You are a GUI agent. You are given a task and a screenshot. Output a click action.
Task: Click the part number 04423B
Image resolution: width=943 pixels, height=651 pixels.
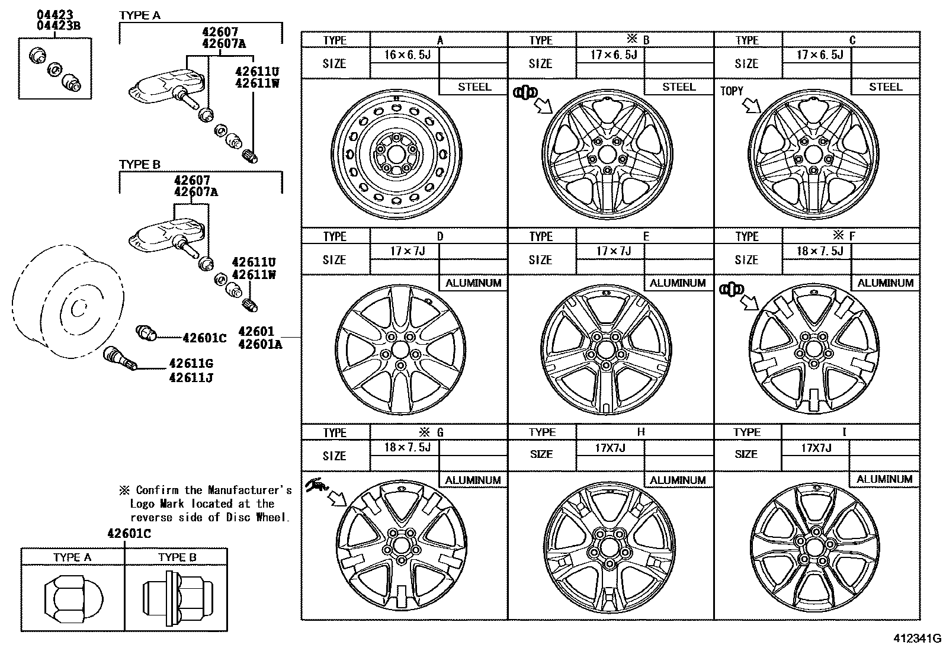coord(58,25)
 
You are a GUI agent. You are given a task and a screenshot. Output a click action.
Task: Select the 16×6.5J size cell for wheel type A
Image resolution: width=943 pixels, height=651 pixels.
coord(407,54)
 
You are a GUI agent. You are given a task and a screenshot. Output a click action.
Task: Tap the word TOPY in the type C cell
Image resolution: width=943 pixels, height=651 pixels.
coord(732,91)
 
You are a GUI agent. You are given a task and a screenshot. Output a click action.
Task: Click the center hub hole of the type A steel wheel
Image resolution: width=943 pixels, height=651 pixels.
coord(396,155)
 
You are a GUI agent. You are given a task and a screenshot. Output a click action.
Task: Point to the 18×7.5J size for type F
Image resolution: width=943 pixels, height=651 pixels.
coord(820,251)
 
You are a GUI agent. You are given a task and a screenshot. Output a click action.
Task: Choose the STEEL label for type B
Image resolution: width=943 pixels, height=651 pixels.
coord(679,86)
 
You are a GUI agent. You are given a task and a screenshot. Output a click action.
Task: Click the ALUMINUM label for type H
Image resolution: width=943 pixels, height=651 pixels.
coord(678,480)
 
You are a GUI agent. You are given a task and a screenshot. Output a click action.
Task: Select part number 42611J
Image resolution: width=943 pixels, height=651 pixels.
coord(191,377)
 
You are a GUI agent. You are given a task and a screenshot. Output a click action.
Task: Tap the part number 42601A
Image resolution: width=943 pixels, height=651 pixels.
coord(260,344)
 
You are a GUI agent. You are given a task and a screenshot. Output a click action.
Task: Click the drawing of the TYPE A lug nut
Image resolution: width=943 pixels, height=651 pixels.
coord(73,599)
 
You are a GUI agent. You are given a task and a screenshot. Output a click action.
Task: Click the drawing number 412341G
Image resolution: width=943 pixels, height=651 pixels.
coord(918,639)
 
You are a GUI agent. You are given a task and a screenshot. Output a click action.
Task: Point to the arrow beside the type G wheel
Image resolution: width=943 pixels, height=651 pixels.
coord(338,499)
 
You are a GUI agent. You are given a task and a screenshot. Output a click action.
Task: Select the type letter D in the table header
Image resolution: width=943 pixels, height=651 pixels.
coord(440,236)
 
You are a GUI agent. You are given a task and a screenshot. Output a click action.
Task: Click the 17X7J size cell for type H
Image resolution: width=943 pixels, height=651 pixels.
coord(610,448)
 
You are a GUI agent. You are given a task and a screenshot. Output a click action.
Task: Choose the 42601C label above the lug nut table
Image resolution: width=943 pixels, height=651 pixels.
coord(129,534)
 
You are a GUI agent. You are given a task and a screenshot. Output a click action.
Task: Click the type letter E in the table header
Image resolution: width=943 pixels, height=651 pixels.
coord(646,236)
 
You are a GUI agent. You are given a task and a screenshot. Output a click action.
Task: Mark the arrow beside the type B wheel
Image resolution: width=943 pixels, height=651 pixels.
coord(544,105)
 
